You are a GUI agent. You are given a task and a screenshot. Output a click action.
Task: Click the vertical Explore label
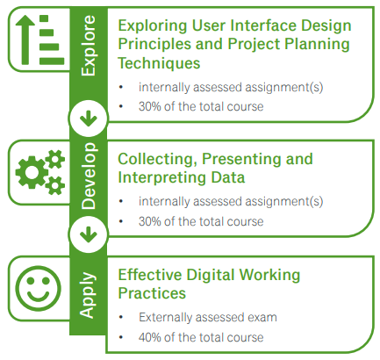(x=89, y=46)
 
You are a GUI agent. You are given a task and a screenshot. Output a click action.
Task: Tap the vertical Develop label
(x=89, y=176)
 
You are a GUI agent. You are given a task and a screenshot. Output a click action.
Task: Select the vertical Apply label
(x=88, y=295)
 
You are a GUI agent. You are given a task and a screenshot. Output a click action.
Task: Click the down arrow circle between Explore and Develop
(x=89, y=119)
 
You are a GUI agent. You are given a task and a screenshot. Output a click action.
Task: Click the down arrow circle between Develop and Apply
(x=89, y=234)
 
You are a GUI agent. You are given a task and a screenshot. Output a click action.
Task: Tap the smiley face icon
(x=38, y=289)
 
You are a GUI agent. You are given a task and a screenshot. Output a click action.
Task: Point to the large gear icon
(x=32, y=172)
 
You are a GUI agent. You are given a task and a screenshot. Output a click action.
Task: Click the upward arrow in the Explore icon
(x=25, y=40)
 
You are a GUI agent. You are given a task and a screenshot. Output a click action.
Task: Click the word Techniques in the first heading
(x=159, y=63)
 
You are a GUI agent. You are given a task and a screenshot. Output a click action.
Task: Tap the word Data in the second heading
(x=228, y=177)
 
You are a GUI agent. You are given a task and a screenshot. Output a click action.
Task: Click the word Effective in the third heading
(x=150, y=275)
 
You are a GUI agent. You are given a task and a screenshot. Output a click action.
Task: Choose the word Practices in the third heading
(x=152, y=293)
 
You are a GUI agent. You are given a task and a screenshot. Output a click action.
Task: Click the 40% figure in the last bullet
(x=150, y=337)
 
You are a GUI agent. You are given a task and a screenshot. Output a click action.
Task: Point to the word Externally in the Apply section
(x=165, y=318)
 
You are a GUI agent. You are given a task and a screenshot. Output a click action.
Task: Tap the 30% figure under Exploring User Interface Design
(x=150, y=106)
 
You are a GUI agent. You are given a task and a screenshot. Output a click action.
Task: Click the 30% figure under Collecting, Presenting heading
(x=150, y=221)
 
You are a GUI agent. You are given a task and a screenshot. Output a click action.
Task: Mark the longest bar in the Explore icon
(x=52, y=61)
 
